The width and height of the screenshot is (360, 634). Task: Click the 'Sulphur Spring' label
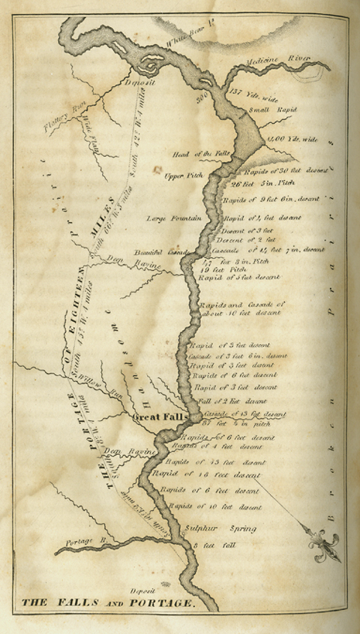click(x=220, y=528)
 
